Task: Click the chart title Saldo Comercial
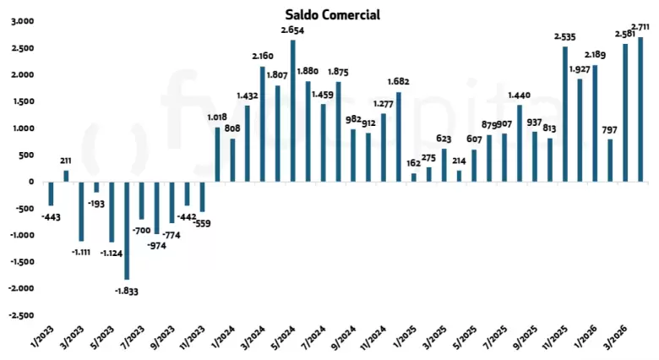tap(332, 14)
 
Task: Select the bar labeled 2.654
tap(293, 111)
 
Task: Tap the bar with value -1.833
tap(127, 231)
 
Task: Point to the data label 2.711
tap(640, 27)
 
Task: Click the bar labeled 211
tap(66, 177)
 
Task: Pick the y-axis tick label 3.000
tap(23, 21)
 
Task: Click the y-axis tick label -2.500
tap(21, 315)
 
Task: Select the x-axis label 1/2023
tap(43, 337)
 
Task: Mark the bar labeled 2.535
tap(565, 114)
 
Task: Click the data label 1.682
tap(399, 81)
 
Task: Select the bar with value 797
tap(610, 161)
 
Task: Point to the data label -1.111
tap(81, 253)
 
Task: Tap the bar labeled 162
tap(414, 177)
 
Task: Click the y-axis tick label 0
tap(31, 182)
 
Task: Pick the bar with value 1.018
tap(217, 155)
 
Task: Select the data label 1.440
tap(520, 95)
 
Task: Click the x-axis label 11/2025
tap(554, 337)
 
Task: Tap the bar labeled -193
tap(96, 187)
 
